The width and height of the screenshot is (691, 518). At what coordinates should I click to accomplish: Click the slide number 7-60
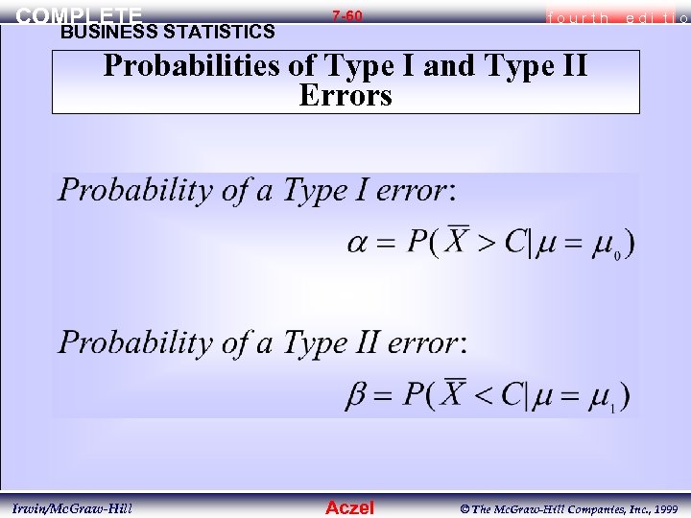[x=346, y=16]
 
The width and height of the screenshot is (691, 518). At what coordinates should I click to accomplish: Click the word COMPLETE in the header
[x=80, y=15]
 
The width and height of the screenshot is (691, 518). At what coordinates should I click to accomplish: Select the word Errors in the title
[x=345, y=96]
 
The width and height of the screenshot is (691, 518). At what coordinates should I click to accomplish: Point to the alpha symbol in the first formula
[x=360, y=241]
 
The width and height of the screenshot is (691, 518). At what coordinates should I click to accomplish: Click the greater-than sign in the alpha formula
[x=487, y=241]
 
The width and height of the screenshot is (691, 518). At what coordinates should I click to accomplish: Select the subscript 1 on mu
[x=613, y=408]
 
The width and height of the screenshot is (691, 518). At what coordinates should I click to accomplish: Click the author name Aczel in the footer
[x=349, y=507]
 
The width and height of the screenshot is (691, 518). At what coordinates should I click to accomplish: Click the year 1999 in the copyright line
[x=663, y=507]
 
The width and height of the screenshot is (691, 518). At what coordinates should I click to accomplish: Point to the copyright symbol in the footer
[x=463, y=507]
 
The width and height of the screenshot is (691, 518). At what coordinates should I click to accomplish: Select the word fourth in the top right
[x=574, y=17]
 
